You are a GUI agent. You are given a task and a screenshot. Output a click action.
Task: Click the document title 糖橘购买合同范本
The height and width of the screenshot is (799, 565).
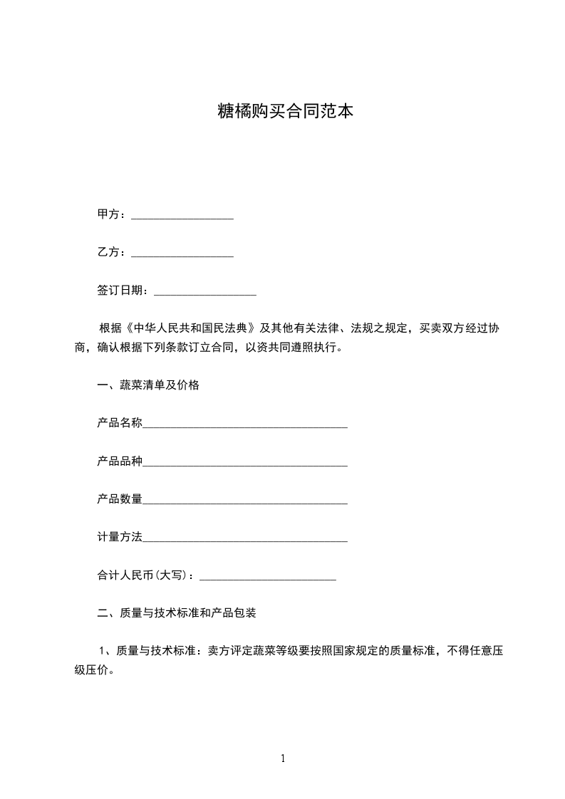[285, 112]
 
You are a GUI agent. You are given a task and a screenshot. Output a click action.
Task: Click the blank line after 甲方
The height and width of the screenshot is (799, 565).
[182, 215]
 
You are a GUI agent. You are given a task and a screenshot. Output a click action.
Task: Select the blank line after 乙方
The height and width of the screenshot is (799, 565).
[182, 253]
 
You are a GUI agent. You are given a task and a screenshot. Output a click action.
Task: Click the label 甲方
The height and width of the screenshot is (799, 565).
[108, 214]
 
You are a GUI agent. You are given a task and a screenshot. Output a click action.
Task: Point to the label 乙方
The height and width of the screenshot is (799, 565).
[108, 252]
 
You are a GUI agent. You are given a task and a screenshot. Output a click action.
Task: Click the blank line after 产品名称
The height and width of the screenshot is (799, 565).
[245, 424]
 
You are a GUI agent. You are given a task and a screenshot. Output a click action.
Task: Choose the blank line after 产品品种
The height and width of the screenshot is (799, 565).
[245, 463]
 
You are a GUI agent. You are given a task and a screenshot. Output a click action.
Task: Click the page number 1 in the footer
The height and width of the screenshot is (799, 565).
[283, 758]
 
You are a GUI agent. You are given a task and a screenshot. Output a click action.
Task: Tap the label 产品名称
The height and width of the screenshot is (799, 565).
[120, 423]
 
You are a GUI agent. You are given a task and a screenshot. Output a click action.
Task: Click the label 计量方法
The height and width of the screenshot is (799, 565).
[120, 537]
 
